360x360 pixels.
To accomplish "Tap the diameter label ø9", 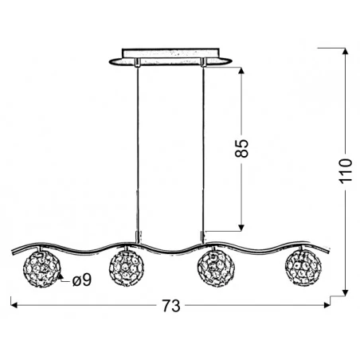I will (x=80, y=280).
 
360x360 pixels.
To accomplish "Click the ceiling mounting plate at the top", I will (x=170, y=59).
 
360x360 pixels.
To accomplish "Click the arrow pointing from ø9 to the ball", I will (x=61, y=277).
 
